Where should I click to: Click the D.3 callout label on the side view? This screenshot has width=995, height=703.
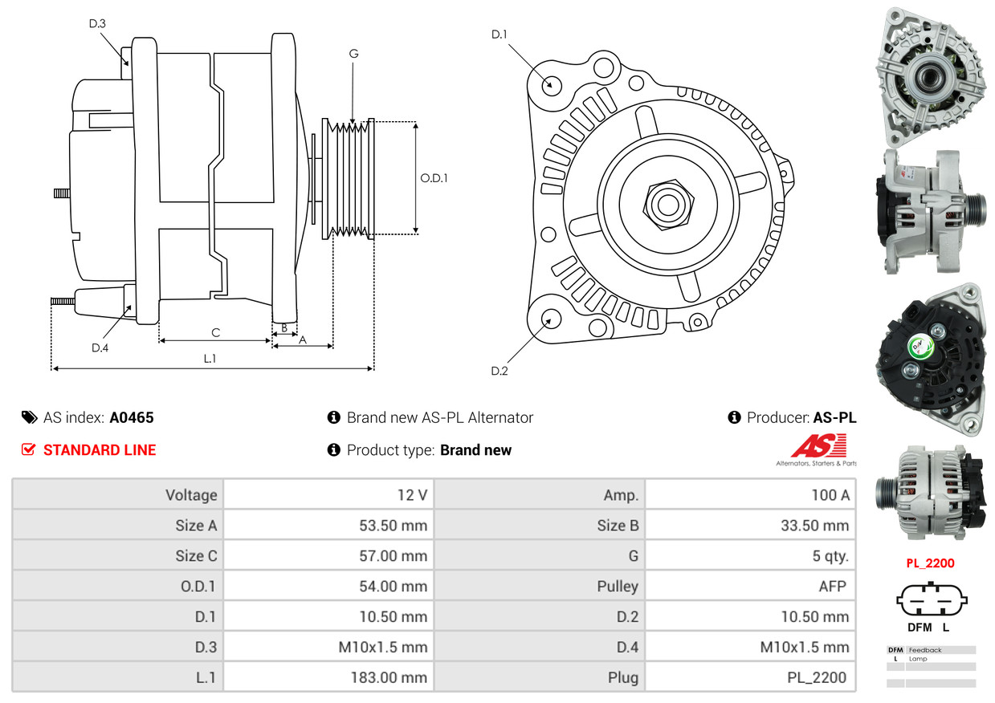(x=97, y=24)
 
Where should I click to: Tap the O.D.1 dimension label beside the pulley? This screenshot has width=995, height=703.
(x=434, y=178)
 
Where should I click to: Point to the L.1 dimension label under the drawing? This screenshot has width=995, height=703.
(x=210, y=359)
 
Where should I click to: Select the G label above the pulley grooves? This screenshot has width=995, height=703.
(x=353, y=54)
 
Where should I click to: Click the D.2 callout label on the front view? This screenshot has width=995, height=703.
(x=500, y=371)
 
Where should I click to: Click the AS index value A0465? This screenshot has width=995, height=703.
(x=132, y=417)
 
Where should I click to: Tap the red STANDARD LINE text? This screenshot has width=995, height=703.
(x=100, y=450)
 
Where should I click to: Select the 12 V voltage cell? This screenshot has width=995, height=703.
(x=412, y=495)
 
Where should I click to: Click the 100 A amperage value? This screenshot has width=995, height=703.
(x=830, y=495)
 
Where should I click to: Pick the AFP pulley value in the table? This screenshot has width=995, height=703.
(x=832, y=587)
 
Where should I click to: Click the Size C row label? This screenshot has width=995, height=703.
(x=196, y=556)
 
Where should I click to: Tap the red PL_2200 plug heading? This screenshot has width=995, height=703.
(x=930, y=563)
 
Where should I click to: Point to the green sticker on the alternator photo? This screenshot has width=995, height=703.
(x=918, y=347)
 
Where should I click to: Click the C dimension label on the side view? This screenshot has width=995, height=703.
(x=215, y=332)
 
